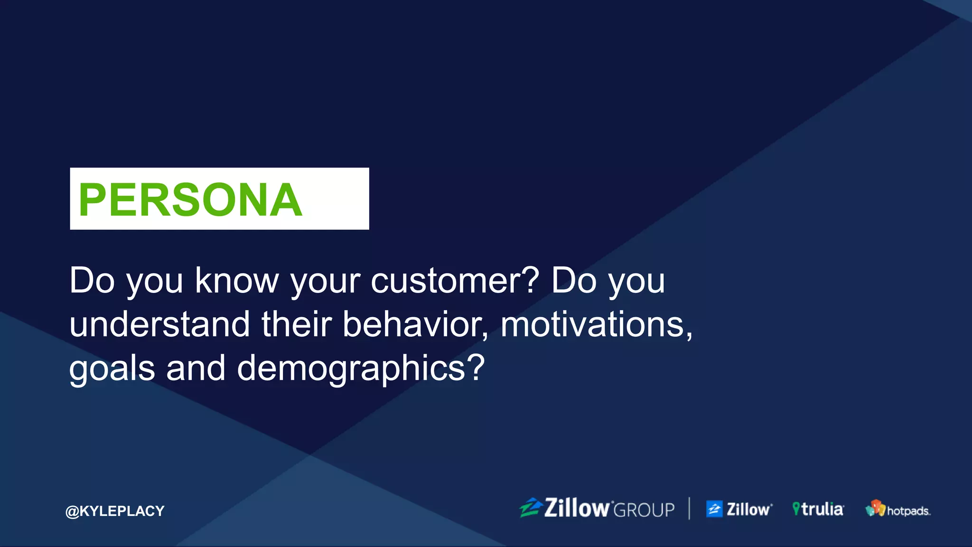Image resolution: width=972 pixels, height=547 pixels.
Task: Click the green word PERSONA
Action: (x=190, y=200)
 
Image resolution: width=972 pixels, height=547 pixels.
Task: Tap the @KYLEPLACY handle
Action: (x=115, y=511)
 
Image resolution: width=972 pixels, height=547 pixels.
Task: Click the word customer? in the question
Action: (x=455, y=281)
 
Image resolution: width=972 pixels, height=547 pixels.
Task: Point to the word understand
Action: (x=159, y=325)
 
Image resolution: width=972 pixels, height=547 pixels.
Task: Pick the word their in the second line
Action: (x=296, y=325)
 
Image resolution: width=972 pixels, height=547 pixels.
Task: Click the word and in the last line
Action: (x=196, y=368)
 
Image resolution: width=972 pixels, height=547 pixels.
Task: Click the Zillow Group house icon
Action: (x=531, y=508)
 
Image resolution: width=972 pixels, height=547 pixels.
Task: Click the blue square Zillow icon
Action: (x=714, y=509)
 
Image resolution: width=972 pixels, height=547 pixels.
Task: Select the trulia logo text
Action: (x=822, y=509)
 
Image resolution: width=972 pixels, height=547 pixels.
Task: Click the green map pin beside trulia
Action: (x=796, y=509)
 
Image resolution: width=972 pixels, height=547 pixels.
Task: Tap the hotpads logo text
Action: (x=908, y=511)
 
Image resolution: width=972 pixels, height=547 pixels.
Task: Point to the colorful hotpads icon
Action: (x=875, y=508)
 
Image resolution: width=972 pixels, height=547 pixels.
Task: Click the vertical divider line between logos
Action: (x=689, y=509)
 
